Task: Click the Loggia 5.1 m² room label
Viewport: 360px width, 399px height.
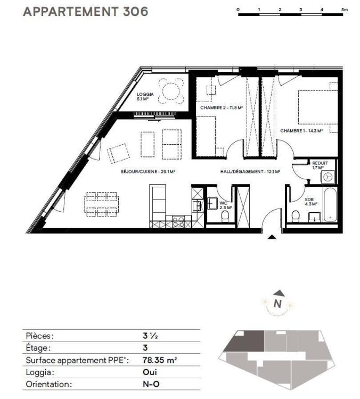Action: click(145, 97)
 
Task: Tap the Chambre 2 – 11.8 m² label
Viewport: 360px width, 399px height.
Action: click(222, 107)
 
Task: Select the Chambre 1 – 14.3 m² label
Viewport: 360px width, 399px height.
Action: click(301, 131)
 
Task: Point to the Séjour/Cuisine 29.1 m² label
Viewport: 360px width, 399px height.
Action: click(148, 172)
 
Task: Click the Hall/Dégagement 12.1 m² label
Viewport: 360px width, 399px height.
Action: click(250, 172)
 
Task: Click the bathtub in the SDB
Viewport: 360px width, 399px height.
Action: click(330, 204)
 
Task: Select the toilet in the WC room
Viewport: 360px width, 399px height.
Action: click(225, 217)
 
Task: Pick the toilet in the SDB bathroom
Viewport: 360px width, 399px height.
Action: click(295, 216)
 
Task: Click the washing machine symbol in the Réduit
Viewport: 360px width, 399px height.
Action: click(328, 177)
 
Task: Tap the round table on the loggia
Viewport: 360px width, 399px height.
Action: click(171, 91)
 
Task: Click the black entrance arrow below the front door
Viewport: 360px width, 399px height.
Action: click(272, 237)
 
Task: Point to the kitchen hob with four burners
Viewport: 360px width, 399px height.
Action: click(178, 221)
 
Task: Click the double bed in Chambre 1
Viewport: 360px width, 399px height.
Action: click(318, 107)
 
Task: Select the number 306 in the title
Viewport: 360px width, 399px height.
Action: click(135, 12)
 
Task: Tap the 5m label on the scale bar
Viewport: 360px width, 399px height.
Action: click(344, 10)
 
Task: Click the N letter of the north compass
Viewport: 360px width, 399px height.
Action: click(277, 304)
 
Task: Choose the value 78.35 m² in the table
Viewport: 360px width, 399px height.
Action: click(160, 360)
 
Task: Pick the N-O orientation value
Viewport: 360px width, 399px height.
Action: click(151, 384)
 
